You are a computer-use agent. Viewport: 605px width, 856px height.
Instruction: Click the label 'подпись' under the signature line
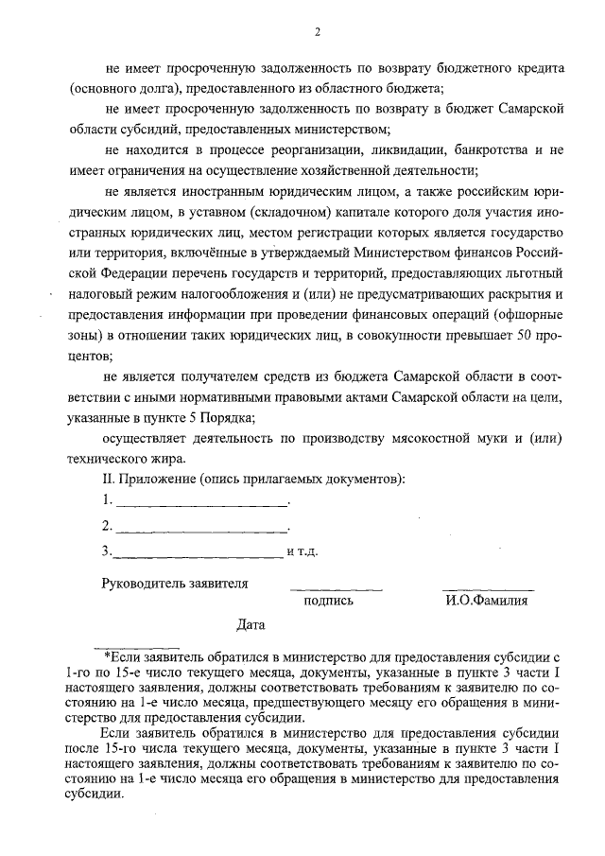[x=328, y=600]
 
